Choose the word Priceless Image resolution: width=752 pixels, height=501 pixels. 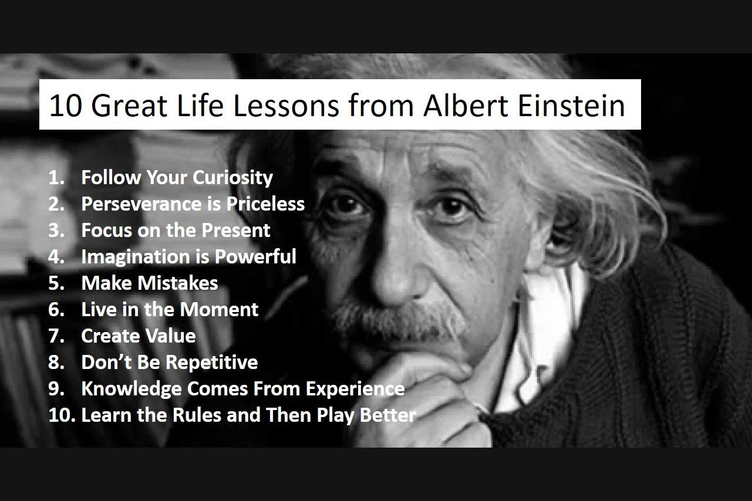click(x=265, y=204)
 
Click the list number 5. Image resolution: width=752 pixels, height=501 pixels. click(x=56, y=283)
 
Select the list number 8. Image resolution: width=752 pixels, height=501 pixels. click(x=56, y=363)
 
